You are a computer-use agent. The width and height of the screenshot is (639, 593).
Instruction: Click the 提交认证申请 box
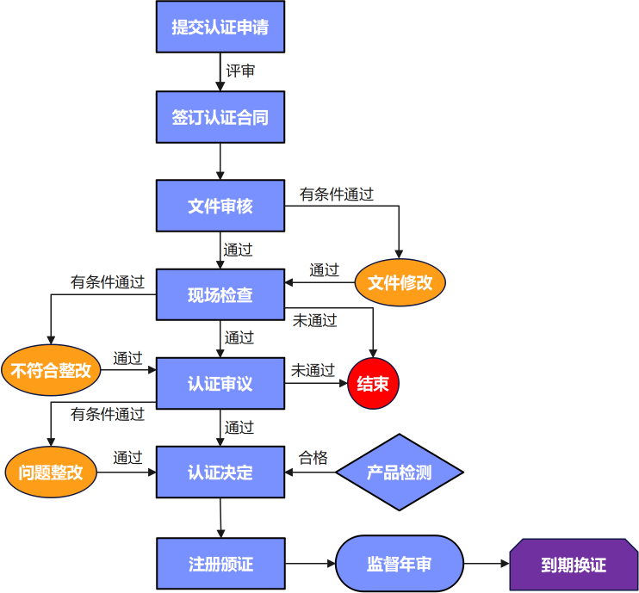click(220, 27)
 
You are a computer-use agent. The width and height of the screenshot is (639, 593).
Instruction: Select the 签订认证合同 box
click(220, 117)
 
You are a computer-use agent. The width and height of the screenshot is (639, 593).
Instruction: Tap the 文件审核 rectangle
click(220, 206)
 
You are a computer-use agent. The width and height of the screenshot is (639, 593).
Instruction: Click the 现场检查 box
click(220, 295)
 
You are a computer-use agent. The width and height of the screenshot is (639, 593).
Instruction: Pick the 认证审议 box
click(220, 383)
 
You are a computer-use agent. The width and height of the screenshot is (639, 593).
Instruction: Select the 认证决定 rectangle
click(220, 472)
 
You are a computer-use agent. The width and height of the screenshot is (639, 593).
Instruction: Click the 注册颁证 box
click(220, 564)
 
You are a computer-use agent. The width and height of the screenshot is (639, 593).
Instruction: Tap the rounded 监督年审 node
click(399, 564)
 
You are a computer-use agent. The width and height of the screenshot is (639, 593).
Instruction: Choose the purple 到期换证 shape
click(573, 565)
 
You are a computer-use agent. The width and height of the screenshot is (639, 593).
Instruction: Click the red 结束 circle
click(373, 383)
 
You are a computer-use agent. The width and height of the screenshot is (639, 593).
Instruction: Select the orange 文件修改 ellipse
click(400, 282)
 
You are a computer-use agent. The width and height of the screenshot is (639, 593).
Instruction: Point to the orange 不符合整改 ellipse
click(51, 372)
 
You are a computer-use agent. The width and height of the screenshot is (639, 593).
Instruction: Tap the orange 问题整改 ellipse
click(51, 472)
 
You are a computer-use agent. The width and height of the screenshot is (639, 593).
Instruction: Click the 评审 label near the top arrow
click(240, 71)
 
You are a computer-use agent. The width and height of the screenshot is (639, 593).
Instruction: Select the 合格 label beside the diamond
click(313, 458)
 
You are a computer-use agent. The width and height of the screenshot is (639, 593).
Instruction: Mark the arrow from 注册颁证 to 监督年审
click(309, 564)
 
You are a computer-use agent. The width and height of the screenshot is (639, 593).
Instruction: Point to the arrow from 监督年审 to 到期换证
click(487, 564)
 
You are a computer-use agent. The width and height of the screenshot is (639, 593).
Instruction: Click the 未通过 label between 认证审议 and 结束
click(313, 370)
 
